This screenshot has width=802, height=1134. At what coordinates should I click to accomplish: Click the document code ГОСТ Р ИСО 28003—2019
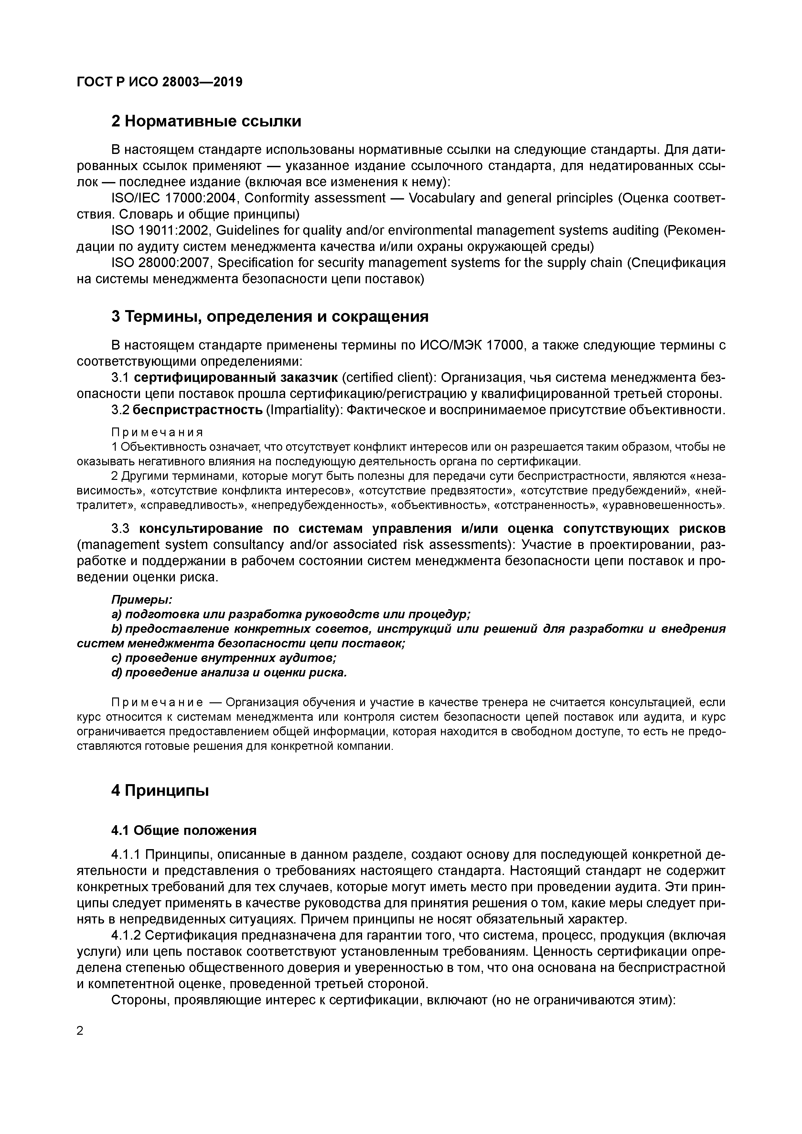pyautogui.click(x=159, y=82)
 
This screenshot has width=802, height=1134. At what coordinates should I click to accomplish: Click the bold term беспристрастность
pyautogui.click(x=198, y=410)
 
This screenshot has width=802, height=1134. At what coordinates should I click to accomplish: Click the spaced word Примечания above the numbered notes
pyautogui.click(x=157, y=433)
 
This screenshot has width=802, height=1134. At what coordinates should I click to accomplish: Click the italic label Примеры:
pyautogui.click(x=141, y=599)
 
